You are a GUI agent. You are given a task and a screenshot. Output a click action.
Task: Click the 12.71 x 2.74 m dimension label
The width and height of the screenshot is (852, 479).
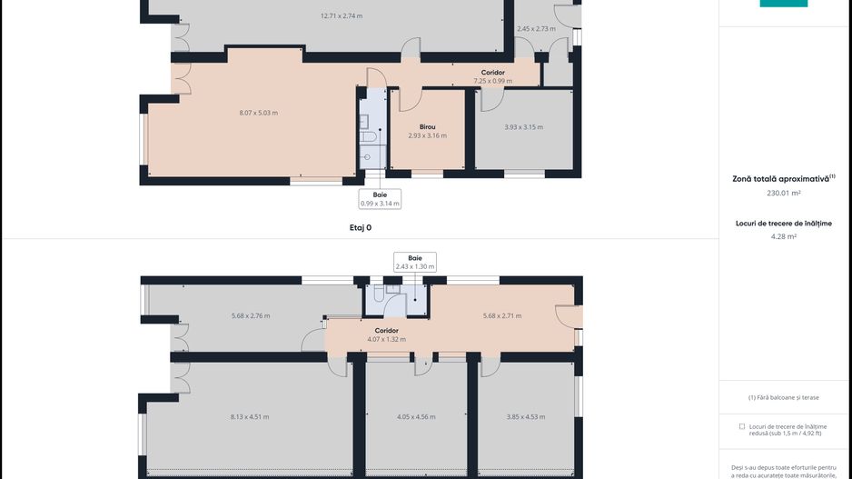(x=342, y=15)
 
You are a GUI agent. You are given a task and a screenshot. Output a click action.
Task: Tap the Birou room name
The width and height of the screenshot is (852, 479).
(x=427, y=126)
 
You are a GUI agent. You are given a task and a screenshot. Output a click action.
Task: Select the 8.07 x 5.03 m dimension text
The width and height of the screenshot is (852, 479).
(x=259, y=113)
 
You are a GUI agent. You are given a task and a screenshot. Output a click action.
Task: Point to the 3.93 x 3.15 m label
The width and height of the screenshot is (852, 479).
(x=523, y=126)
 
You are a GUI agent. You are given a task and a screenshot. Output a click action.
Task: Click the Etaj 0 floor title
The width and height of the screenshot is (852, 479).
(x=361, y=228)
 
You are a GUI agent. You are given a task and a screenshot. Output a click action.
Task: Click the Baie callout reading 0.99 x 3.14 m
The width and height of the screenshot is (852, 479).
(x=380, y=199)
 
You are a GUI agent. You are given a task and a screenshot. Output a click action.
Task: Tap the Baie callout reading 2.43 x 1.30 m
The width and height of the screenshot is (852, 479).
(x=415, y=262)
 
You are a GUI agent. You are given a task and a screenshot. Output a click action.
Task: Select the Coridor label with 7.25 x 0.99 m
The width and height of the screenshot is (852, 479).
(x=493, y=76)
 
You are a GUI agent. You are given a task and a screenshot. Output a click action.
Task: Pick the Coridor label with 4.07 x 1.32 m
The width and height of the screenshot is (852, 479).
(x=386, y=334)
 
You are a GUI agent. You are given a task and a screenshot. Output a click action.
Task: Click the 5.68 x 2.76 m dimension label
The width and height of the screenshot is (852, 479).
(x=251, y=315)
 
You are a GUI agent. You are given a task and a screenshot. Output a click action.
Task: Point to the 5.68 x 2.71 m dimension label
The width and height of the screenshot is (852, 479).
(x=502, y=315)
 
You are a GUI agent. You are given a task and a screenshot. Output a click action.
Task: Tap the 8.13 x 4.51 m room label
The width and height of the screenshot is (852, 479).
(x=250, y=416)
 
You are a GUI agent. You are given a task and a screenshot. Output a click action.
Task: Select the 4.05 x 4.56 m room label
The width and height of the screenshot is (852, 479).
(x=416, y=416)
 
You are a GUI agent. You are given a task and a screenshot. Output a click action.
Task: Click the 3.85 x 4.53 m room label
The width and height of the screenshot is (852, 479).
(x=525, y=416)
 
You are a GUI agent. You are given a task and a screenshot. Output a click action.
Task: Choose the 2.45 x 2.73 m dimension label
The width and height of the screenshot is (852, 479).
(x=536, y=29)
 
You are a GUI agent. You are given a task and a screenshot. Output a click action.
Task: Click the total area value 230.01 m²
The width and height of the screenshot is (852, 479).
(x=784, y=193)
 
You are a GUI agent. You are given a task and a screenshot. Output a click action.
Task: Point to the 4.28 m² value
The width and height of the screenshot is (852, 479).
(x=784, y=236)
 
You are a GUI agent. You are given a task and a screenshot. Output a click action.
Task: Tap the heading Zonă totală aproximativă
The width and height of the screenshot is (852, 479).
(x=781, y=178)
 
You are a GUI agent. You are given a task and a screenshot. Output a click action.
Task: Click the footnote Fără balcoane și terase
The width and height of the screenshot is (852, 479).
(x=784, y=397)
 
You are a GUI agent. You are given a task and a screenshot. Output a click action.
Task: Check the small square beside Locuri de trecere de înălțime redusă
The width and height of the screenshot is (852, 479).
(x=742, y=427)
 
